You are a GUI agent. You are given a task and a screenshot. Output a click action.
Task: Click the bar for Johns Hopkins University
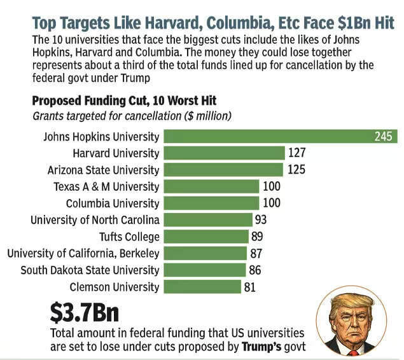280,136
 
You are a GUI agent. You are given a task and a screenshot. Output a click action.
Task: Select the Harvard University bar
224,153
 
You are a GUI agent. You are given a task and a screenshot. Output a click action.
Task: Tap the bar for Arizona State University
223,169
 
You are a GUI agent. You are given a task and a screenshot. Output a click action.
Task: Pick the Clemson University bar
202,286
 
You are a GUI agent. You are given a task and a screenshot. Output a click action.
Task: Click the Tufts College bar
205,237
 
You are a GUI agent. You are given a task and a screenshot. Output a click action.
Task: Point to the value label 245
384,136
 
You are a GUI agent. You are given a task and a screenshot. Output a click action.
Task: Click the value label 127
296,153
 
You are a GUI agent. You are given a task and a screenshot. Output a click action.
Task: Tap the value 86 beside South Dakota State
254,270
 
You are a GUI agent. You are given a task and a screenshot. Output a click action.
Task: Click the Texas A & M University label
106,186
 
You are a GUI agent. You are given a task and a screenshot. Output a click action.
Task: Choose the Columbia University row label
113,204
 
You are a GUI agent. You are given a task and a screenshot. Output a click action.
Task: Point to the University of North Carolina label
95,220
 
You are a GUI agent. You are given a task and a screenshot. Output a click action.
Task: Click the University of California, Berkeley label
83,253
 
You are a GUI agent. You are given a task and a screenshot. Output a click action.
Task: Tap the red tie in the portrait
352,351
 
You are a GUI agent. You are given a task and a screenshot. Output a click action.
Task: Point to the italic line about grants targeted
132,116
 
